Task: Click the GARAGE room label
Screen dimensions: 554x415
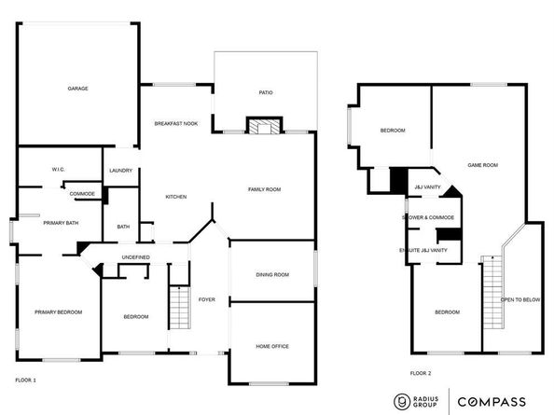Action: [x=77, y=89]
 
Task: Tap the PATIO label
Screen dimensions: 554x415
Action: [x=266, y=92]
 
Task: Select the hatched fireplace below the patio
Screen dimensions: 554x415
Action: [x=264, y=126]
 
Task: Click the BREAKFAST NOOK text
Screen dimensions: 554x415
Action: [x=176, y=124]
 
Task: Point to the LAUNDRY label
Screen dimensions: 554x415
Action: [x=121, y=171]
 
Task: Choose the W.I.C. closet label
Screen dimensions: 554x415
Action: [x=59, y=170]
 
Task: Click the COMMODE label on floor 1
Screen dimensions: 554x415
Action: [x=82, y=194]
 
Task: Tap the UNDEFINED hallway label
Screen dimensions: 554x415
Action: [x=135, y=257]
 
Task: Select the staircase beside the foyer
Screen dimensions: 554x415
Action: [x=180, y=308]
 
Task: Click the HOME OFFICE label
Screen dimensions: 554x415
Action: [x=272, y=347]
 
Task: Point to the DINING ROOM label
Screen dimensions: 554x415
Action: [x=272, y=275]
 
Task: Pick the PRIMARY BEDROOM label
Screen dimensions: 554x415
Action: [x=59, y=312]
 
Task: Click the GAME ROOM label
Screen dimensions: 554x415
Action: [x=482, y=165]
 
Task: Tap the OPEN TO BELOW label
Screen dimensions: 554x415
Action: [x=520, y=300]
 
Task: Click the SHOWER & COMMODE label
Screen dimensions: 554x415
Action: [x=428, y=217]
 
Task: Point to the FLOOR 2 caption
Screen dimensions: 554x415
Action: [x=421, y=373]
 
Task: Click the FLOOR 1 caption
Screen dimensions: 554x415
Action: [x=25, y=380]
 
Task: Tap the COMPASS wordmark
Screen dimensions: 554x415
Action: [x=492, y=402]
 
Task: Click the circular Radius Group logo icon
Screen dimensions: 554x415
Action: [x=402, y=402]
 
